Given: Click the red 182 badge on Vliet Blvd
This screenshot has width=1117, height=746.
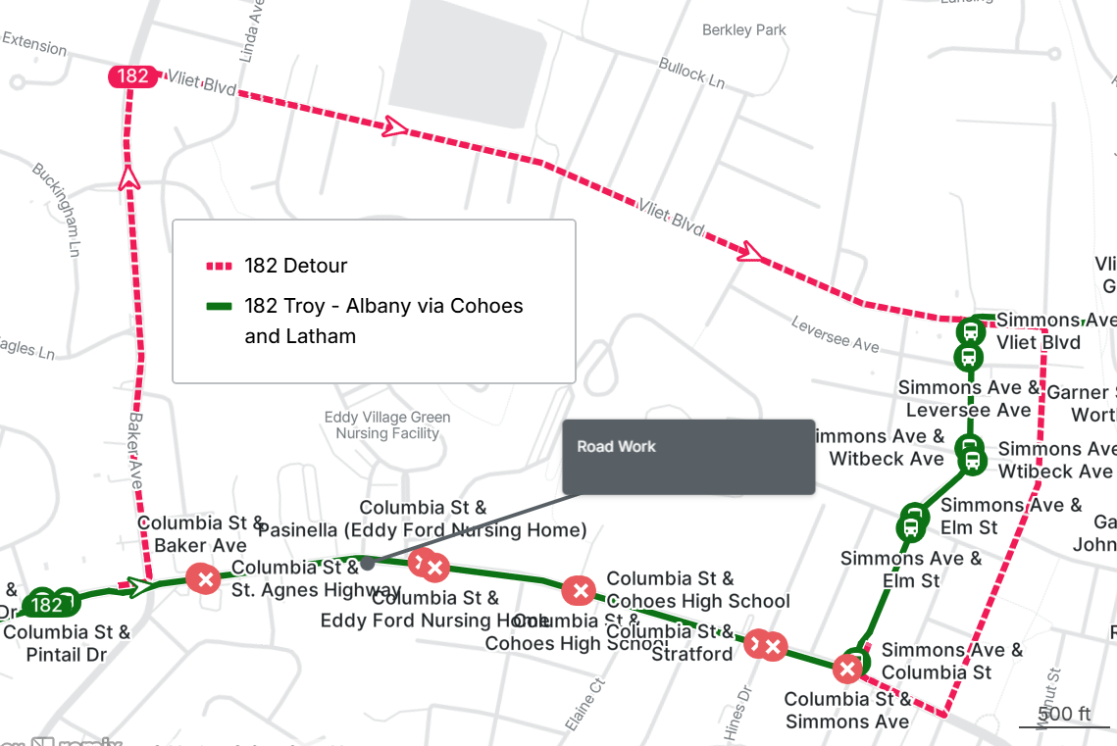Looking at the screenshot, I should [133, 76].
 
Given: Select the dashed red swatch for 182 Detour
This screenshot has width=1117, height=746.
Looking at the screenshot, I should [219, 266].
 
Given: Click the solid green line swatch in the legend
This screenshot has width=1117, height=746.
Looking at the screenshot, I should [219, 306].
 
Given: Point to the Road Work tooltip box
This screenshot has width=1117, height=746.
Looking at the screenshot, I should [687, 457].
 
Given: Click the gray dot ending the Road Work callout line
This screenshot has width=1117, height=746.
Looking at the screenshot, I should [367, 564].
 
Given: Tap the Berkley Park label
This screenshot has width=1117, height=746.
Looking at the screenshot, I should [743, 30].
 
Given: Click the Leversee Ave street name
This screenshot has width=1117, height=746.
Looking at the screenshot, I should [836, 335].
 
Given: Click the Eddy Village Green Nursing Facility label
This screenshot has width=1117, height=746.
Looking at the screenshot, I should [387, 425].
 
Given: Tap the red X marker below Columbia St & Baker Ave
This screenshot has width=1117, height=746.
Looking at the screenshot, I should [204, 579].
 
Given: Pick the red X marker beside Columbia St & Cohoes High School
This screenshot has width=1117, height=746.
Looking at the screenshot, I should [579, 590].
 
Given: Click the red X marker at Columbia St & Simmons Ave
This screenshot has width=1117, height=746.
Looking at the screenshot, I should [847, 669].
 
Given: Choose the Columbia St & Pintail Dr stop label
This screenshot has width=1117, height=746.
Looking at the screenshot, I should [67, 643].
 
